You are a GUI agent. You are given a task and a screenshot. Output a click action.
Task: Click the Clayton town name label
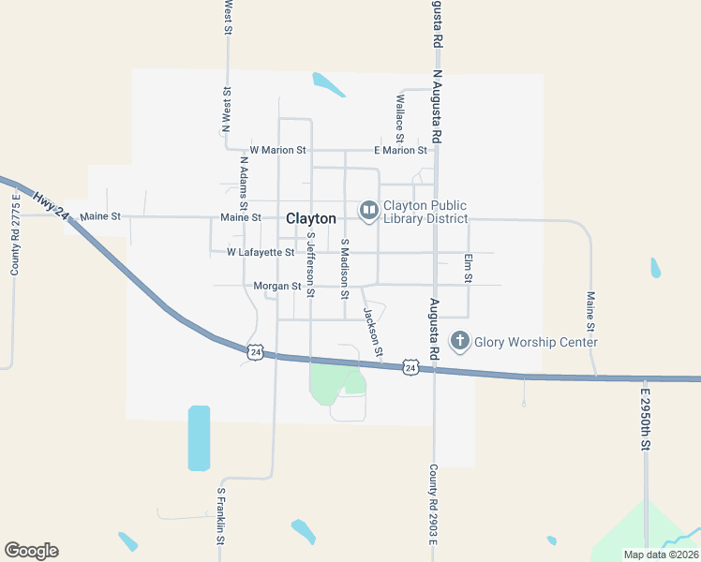pos(310,218)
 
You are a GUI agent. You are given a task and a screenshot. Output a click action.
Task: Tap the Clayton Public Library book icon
pos(368,210)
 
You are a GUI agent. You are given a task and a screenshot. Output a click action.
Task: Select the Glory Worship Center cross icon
pos(460,341)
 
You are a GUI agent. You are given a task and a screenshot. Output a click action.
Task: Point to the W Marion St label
pos(277,150)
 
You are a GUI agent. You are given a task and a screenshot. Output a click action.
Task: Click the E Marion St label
pos(400,150)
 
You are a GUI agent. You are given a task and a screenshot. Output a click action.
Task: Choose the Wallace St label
pos(399,112)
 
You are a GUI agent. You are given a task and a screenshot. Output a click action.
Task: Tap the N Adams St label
pos(243,185)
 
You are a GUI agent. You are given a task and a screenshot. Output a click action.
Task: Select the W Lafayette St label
pos(261,252)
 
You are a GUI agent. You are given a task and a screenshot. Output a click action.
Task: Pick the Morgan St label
pos(276,286)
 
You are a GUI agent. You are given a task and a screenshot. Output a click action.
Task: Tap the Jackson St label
pos(373,333)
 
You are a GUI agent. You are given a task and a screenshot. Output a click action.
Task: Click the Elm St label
pos(467,268)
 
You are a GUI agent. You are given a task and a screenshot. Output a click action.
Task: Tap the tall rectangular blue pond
pos(199,437)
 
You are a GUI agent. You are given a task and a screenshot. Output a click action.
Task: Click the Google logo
pos(31,551)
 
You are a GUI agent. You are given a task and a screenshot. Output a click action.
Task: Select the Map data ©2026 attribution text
pos(660,555)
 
